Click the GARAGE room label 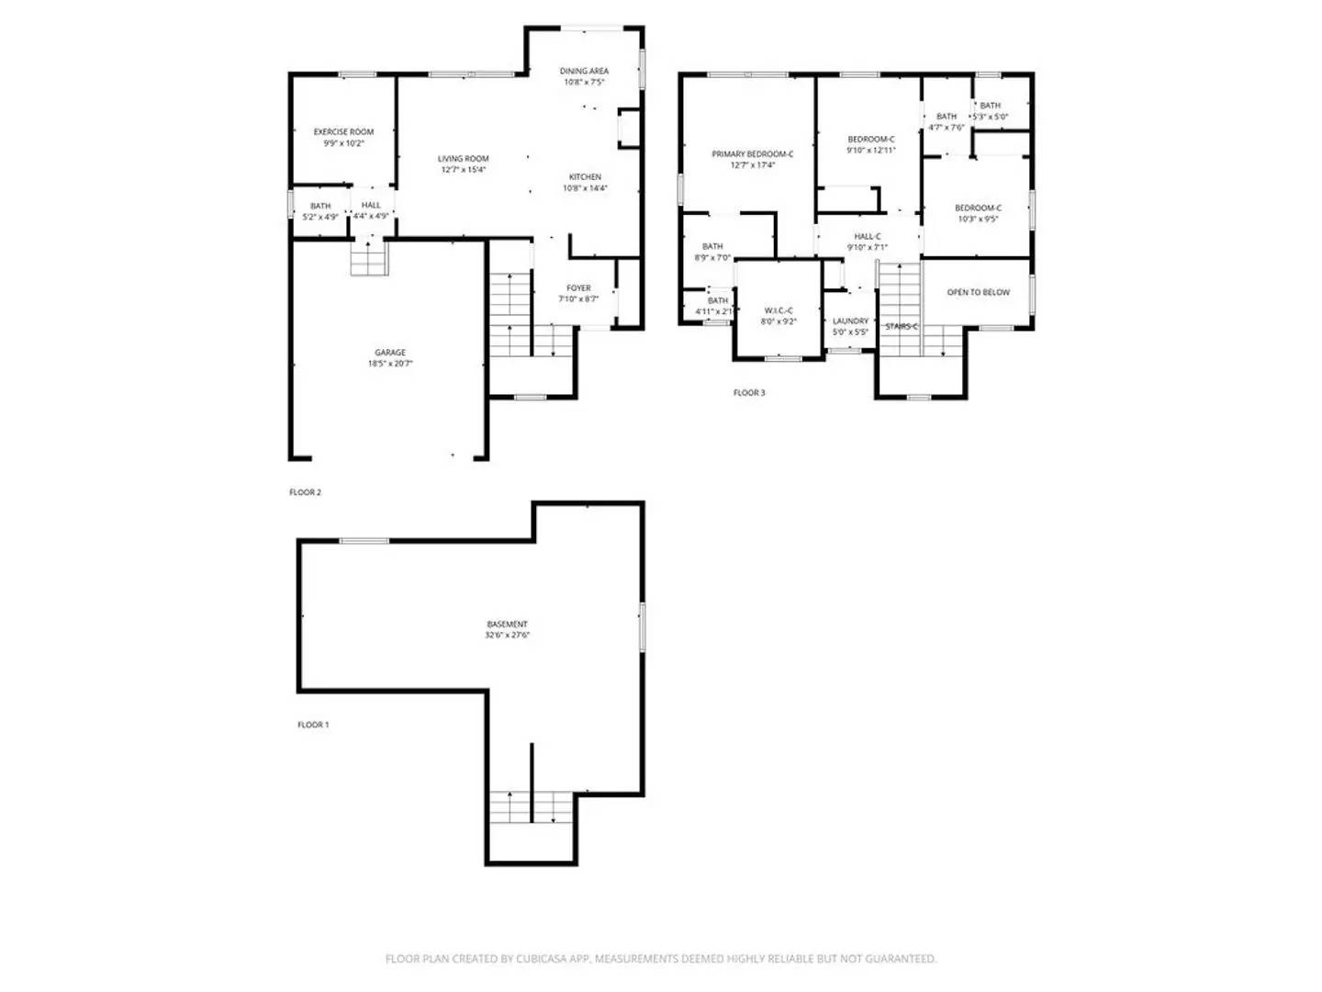pos(389,353)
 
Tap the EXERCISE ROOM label pos(343,132)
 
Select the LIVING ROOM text pos(463,159)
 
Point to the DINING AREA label pos(584,71)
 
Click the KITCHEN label pos(585,177)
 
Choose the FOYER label pos(578,288)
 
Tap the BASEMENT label pos(507,625)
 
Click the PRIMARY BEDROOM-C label pos(752,154)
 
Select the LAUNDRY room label pos(850,321)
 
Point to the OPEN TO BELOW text pos(978,292)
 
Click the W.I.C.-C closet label pos(778,311)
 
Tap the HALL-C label pos(867,237)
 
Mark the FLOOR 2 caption pos(305,492)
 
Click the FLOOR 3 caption pos(748,393)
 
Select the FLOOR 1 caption pos(312,725)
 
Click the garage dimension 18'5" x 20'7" pos(389,364)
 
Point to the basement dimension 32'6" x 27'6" pos(507,636)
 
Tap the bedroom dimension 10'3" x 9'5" pos(978,220)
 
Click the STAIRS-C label pos(901,326)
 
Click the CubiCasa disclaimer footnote pos(660,959)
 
